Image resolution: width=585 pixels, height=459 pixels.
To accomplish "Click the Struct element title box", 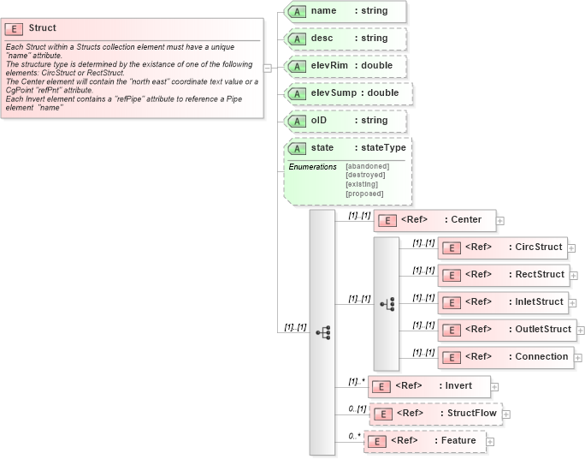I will [x=42, y=28].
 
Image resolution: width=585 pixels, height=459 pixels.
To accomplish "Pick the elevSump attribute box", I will [x=349, y=93].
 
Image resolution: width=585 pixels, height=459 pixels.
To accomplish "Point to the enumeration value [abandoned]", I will [x=367, y=166].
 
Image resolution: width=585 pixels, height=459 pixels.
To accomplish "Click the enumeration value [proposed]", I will [x=363, y=194].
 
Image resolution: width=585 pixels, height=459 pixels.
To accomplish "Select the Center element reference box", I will [x=434, y=220].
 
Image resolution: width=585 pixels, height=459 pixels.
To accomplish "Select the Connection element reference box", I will [x=505, y=357].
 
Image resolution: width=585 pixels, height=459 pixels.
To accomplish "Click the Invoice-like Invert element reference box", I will [x=429, y=386].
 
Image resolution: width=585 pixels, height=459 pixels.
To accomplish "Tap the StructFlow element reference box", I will [x=435, y=414].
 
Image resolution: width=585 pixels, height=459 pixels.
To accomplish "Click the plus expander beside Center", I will [x=500, y=221].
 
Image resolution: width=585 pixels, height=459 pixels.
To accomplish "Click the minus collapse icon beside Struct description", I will [x=268, y=68].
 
